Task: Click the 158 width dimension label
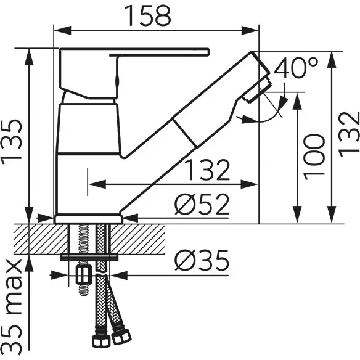tap(147, 15)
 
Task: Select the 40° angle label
tap(296, 68)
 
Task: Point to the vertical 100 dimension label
tap(314, 157)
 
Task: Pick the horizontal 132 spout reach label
tap(208, 170)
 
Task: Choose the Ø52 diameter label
tap(202, 204)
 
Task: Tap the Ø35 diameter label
tap(202, 260)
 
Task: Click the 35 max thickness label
tap(12, 308)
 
